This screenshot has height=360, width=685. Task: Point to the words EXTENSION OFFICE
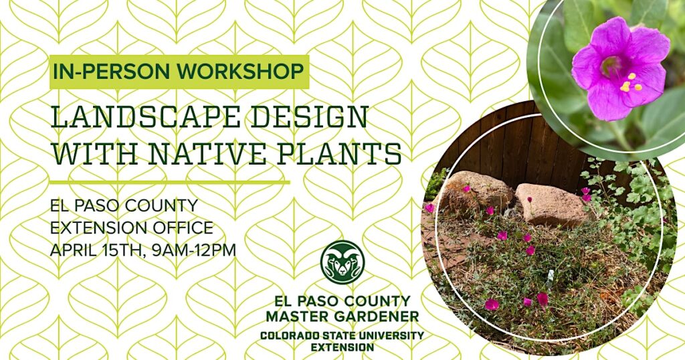coord(132,228)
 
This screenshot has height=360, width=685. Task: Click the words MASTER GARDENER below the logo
coord(342,314)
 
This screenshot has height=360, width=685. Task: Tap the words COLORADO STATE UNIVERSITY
coord(342,335)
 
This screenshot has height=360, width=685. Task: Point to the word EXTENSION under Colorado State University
coord(342,347)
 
